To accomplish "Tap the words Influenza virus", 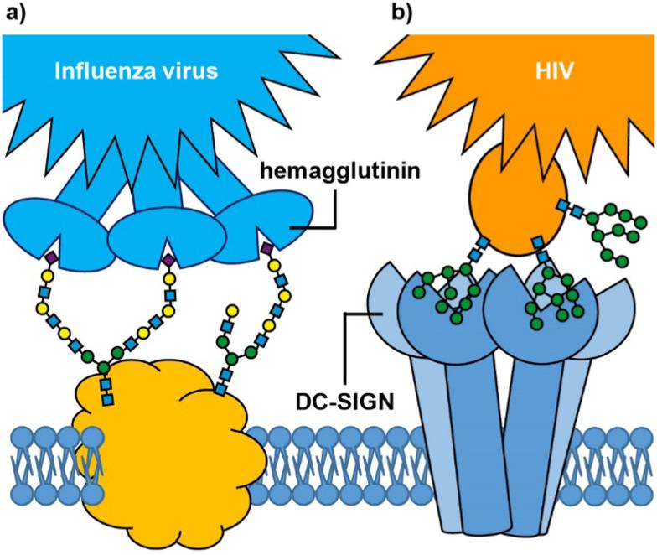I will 137,71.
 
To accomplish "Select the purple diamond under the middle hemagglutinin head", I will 168,261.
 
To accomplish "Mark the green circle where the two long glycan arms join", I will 104,367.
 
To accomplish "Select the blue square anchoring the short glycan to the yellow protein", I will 220,390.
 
